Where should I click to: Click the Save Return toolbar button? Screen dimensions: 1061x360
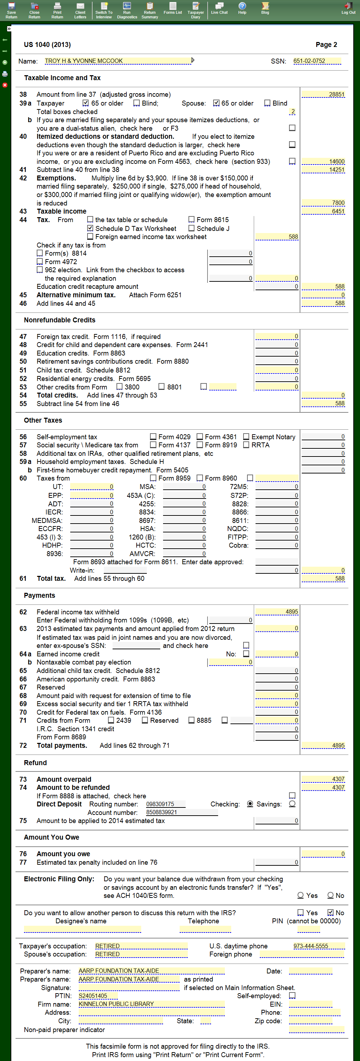[x=12, y=10]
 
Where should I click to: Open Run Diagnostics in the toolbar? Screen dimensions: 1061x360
[x=127, y=10]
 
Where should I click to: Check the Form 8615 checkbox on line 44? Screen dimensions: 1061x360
[x=192, y=220]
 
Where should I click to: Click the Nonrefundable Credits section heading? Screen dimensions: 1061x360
[x=60, y=320]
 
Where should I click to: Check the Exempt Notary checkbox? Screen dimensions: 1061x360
[x=246, y=437]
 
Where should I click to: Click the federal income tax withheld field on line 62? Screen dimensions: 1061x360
[x=277, y=612]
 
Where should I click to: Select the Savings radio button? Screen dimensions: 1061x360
[x=292, y=804]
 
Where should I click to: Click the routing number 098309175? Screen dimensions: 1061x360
[x=165, y=804]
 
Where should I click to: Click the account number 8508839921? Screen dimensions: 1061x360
[x=181, y=812]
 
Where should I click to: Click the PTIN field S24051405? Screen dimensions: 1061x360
[x=98, y=996]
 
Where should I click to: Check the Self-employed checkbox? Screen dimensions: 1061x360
[x=292, y=996]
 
